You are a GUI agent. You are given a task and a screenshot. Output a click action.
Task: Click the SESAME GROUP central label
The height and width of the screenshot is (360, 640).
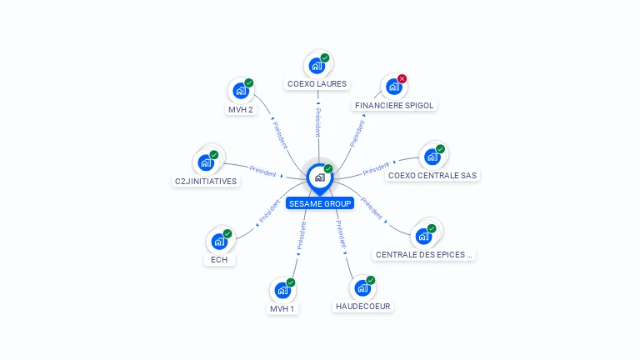(x=320, y=203)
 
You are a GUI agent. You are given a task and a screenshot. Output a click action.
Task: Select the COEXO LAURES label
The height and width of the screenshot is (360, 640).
(x=317, y=83)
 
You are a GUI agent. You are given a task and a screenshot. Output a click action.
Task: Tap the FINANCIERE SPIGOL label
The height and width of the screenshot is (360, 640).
(x=395, y=105)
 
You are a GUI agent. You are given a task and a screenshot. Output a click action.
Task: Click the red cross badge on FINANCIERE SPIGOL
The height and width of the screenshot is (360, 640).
(x=402, y=79)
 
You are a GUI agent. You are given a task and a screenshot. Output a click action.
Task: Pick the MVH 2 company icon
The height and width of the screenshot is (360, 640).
(x=241, y=90)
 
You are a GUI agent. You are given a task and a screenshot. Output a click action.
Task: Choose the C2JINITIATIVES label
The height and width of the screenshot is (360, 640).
(x=206, y=181)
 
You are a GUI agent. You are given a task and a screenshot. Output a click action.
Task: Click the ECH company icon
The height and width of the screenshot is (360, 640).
(x=219, y=241)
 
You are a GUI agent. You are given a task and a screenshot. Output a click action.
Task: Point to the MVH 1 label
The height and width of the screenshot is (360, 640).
(x=282, y=308)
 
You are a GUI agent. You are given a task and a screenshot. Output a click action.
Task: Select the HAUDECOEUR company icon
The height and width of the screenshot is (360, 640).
(x=362, y=287)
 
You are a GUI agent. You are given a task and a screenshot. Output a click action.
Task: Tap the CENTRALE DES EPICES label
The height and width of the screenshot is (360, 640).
(x=425, y=255)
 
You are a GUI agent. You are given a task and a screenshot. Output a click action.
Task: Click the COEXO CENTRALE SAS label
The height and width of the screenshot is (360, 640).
(x=432, y=175)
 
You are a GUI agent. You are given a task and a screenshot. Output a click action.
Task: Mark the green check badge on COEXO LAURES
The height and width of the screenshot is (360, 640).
(x=325, y=57)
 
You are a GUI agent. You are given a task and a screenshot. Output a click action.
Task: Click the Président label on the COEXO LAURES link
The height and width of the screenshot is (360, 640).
(x=317, y=122)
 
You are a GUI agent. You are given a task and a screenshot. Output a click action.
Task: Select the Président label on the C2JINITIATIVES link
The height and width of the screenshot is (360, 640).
(x=262, y=172)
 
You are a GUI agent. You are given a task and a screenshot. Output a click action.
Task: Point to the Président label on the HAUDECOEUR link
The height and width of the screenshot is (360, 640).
(x=341, y=234)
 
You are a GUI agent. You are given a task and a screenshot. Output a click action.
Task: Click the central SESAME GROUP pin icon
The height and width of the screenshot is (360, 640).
(x=319, y=177)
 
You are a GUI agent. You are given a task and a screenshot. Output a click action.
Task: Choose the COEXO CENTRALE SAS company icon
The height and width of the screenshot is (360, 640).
(x=432, y=157)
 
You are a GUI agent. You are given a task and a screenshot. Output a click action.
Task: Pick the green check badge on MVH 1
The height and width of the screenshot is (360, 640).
(x=291, y=282)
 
